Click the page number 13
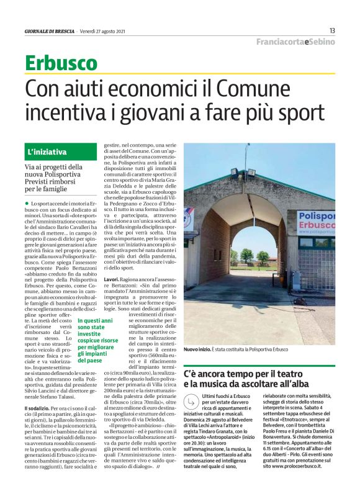click(332, 30)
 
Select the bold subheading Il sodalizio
click(39, 407)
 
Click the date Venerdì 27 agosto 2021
click(102, 30)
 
